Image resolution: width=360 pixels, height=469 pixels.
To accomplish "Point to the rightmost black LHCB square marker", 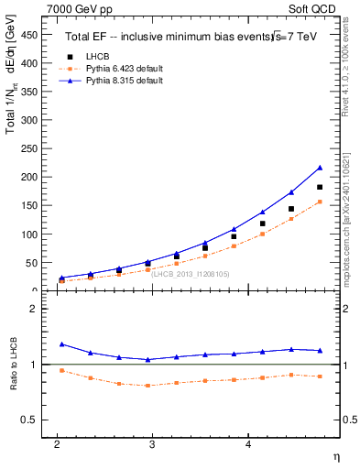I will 320,187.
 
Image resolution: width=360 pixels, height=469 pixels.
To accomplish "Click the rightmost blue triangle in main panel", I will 320,168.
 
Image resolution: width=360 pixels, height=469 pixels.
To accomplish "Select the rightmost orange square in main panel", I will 320,202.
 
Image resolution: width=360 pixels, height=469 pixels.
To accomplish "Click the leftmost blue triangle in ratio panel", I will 61,344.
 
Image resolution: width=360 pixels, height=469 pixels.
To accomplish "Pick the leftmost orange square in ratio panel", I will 61,370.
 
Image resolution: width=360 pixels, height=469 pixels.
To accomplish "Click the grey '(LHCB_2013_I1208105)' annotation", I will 191,274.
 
